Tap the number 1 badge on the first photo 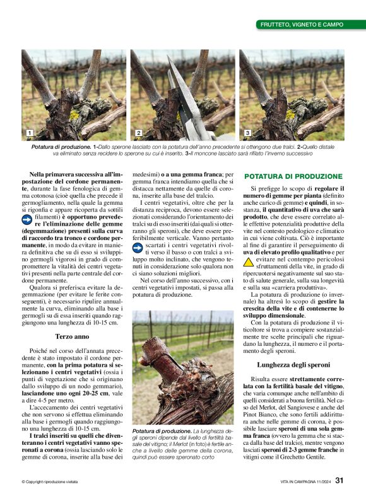29,133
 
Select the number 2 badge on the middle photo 138,133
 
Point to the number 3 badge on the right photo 247,133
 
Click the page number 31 339,481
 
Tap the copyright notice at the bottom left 50,482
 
